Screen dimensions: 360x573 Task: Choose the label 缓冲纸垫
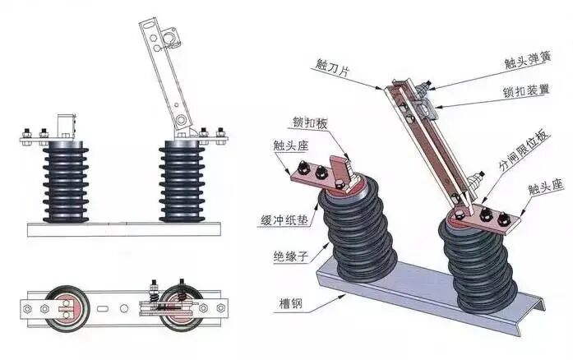(278, 219)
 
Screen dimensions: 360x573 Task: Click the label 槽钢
(288, 304)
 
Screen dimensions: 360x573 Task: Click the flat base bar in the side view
(123, 228)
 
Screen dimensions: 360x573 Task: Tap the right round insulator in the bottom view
(178, 306)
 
